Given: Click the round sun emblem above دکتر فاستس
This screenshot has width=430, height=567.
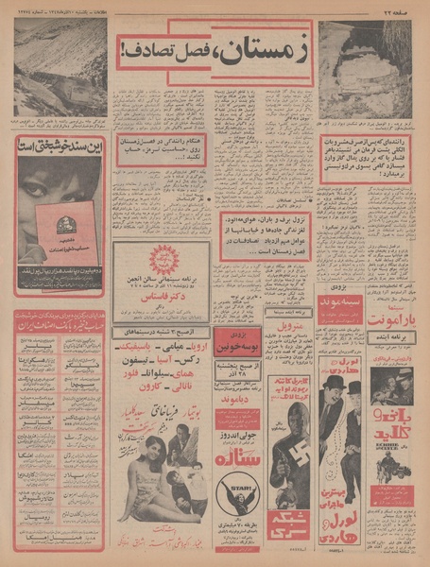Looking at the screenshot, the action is [x=161, y=259].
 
